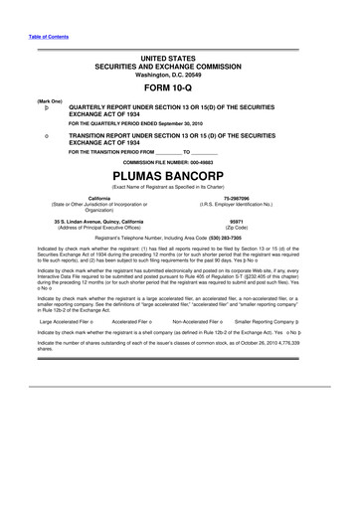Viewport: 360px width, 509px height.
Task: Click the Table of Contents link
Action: (47, 38)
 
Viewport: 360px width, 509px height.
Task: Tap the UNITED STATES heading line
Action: (179, 59)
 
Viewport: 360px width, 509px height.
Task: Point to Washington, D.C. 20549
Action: (179, 74)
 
